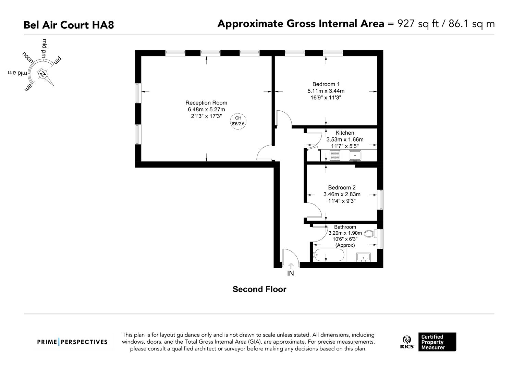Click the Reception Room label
coord(206,103)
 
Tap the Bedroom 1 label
coord(326,84)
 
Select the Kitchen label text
coord(345,133)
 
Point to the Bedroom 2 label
coord(342,187)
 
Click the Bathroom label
coord(345,227)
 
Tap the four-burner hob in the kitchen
coord(335,156)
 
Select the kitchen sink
coord(355,156)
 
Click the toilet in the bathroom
coord(369,234)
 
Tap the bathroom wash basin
coord(363,257)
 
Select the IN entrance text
coord(291,273)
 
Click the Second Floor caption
coord(259,289)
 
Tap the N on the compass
coord(42,74)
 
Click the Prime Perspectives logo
coord(72,342)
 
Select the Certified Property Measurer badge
coord(437,342)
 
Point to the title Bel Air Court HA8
coord(69,25)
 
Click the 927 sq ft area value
coord(418,24)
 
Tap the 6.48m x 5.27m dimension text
coord(206,110)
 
